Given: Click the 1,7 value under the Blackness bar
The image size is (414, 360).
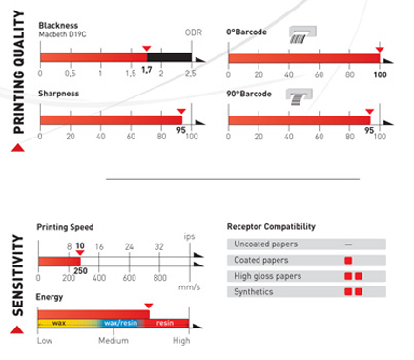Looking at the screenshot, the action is click(x=147, y=70).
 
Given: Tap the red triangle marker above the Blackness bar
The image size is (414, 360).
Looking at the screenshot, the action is click(x=147, y=49).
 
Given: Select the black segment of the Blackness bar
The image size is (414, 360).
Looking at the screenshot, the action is click(x=169, y=57).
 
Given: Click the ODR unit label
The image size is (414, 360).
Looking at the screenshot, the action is click(x=194, y=32).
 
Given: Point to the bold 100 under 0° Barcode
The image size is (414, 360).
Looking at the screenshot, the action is click(x=380, y=74).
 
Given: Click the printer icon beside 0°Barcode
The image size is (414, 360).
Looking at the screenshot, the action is click(x=302, y=34).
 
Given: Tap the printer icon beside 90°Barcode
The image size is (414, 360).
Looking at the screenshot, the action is click(x=299, y=96).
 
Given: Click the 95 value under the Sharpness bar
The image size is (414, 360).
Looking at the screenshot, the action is click(x=181, y=130).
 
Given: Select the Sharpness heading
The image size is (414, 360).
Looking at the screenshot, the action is click(x=59, y=94).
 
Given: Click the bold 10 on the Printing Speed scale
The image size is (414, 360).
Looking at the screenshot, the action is click(x=80, y=245).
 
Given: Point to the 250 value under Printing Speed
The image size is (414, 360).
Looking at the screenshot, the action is click(x=80, y=271).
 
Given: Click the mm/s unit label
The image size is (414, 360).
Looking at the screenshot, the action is click(x=190, y=287).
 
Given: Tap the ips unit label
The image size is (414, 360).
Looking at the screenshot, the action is click(x=189, y=237).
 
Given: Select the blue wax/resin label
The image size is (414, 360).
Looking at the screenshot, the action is click(x=121, y=323).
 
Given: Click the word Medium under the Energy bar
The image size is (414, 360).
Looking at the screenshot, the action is click(x=114, y=341).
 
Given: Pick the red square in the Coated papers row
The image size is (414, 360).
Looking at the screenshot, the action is click(x=348, y=261).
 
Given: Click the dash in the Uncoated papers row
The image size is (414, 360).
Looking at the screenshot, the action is click(x=348, y=244).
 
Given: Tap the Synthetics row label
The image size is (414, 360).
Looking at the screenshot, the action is click(x=254, y=292).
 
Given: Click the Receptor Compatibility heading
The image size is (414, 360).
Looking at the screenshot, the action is click(x=271, y=227).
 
